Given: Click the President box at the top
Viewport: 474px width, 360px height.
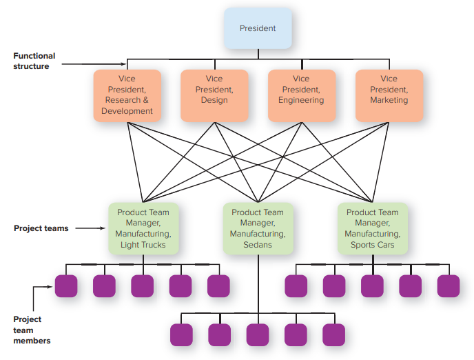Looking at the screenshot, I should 258,28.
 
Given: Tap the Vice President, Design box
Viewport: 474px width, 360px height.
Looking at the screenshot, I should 214,95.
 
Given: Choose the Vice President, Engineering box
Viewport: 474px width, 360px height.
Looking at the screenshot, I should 301,95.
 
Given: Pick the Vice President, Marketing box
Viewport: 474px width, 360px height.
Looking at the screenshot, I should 389,95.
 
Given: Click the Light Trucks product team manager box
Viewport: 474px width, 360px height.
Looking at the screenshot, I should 143,228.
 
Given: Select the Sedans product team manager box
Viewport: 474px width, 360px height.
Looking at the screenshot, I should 258,228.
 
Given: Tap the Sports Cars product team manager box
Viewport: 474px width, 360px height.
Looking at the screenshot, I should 372,228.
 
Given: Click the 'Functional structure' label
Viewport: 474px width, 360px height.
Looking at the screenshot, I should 34,61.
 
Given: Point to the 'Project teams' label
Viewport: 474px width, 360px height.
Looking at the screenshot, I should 41,228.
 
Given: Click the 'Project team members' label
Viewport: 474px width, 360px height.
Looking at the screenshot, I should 28,330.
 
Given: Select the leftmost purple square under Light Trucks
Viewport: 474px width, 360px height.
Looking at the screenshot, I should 66,286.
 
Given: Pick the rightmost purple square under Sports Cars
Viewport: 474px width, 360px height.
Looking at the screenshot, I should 448,286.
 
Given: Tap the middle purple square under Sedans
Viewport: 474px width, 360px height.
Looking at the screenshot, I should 258,334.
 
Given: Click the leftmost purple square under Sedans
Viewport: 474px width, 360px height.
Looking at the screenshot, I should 181,334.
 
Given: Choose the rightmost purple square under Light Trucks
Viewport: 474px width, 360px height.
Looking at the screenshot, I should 218,286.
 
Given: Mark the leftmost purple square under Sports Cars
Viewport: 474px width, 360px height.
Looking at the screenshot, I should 296,286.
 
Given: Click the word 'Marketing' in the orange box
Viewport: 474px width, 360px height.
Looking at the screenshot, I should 389,101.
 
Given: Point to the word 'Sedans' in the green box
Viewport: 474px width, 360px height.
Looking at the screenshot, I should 258,245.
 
